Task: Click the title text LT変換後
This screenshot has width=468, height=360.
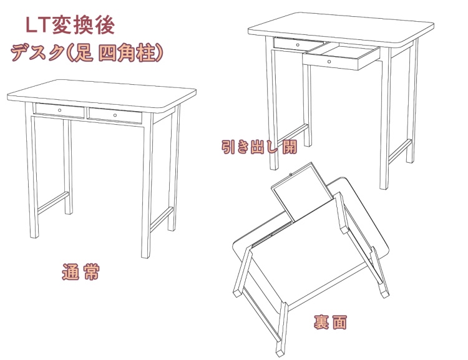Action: coord(69,24)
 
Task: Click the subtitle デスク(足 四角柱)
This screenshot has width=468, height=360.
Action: coord(87,52)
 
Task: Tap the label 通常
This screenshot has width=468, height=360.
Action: coord(80,272)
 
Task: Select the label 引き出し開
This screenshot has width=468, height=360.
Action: coord(259,148)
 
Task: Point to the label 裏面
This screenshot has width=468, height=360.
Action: coord(330,323)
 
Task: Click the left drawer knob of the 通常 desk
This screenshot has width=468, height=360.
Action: coord(60,110)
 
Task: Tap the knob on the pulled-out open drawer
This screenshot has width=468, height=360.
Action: coord(329,62)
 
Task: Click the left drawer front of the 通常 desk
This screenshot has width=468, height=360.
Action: coord(60,111)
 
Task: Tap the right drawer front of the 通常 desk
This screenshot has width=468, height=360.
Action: coord(116,117)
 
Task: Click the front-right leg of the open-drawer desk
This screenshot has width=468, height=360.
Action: coord(385,125)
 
